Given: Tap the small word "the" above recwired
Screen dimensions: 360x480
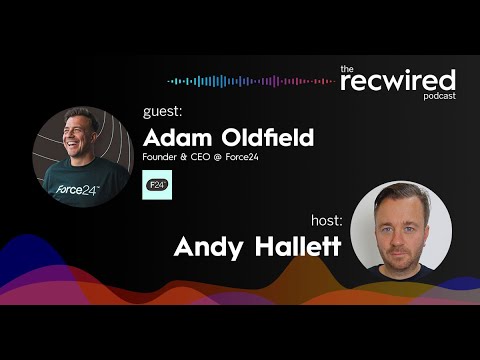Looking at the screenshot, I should click(347, 68).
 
